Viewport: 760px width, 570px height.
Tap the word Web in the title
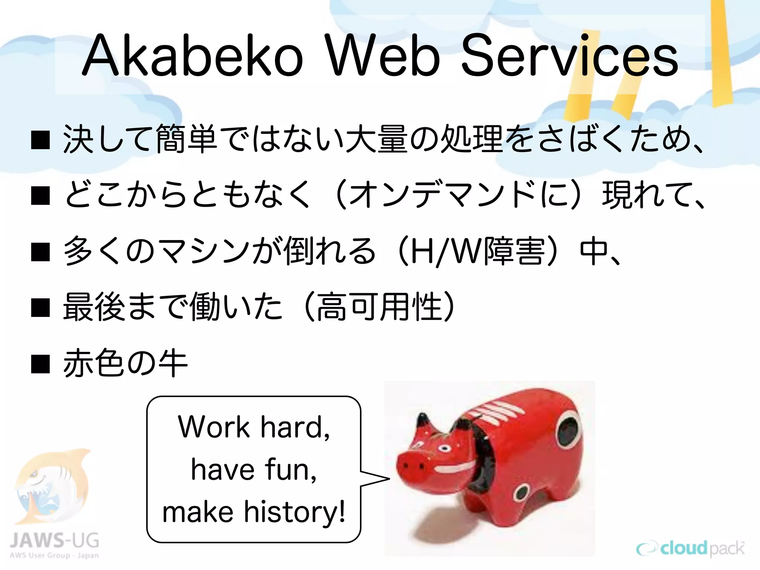[382, 56]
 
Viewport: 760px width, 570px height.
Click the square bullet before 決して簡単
[40, 140]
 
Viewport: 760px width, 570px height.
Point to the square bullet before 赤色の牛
[40, 364]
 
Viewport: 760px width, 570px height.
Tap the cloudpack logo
[690, 548]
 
